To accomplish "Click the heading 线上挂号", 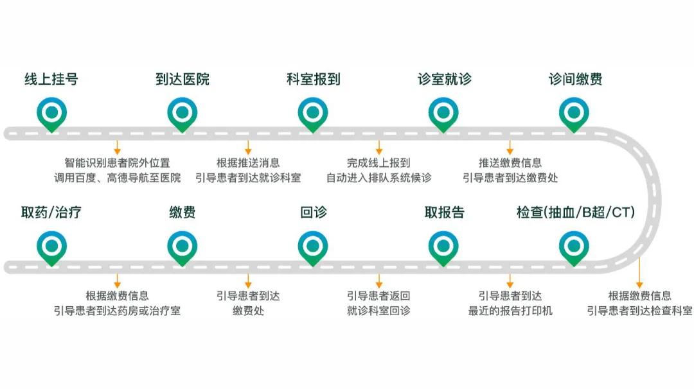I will click(51, 80).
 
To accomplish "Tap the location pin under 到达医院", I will click(182, 113).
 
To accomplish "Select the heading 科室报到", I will click(313, 80).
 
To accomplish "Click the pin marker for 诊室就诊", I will click(443, 113).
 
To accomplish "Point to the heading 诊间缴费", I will click(575, 80).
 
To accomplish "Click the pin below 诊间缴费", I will click(574, 113).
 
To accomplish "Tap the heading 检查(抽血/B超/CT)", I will click(575, 212).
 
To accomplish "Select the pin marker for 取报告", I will click(443, 246).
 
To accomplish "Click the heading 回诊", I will click(313, 212).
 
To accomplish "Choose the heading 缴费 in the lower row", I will click(182, 212).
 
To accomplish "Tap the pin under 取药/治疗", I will click(51, 246).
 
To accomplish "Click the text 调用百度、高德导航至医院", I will click(118, 178).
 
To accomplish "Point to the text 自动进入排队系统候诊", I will click(378, 178).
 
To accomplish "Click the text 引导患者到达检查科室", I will click(639, 311).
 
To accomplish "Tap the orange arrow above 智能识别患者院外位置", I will click(117, 148).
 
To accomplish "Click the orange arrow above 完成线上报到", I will click(379, 148).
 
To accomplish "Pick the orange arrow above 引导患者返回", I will click(379, 281).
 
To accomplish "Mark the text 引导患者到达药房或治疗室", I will click(118, 311).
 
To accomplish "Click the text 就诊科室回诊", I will click(378, 311).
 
